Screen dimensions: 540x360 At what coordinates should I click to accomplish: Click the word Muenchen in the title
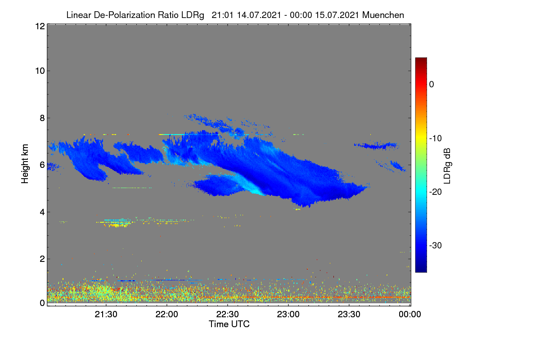point(383,15)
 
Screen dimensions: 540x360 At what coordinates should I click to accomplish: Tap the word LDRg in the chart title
point(193,15)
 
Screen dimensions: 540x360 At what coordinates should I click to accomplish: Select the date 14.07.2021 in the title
point(259,15)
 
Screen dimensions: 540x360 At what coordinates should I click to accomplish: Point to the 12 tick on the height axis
point(40,26)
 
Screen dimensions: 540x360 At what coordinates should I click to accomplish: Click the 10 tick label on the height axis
point(40,71)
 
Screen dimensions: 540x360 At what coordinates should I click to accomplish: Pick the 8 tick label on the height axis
point(42,118)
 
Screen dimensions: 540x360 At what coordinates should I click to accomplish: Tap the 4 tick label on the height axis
point(42,212)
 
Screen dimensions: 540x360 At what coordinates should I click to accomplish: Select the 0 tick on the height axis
point(42,303)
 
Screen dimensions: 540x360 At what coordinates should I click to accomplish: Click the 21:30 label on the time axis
point(106,314)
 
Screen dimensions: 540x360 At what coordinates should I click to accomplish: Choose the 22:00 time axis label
point(166,314)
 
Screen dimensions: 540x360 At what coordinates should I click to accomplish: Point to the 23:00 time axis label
point(288,314)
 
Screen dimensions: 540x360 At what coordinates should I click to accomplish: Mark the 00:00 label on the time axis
point(410,314)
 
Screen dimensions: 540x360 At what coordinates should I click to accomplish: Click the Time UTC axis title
point(229,324)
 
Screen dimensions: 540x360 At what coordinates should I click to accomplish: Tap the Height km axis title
point(25,164)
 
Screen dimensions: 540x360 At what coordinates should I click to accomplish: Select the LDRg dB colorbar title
point(447,166)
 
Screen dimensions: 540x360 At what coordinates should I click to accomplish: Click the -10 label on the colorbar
point(436,139)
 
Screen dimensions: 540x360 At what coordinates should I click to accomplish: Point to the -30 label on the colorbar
point(436,245)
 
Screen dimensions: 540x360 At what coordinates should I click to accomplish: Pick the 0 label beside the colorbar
point(432,85)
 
